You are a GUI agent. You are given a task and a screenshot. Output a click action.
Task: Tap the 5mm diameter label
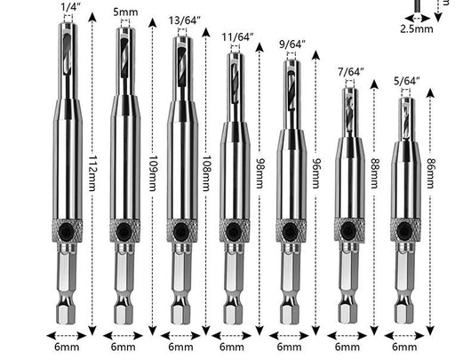[x=125, y=12]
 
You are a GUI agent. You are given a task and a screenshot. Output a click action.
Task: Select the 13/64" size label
[x=184, y=20]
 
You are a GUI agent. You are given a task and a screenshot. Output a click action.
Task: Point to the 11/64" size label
[x=237, y=37]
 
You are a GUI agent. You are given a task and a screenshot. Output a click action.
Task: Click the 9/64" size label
[x=292, y=44]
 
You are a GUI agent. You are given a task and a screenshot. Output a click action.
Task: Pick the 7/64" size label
[x=350, y=72]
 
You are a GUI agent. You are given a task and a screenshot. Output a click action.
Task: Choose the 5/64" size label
[x=407, y=81]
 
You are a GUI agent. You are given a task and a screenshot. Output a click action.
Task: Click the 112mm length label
[x=92, y=173]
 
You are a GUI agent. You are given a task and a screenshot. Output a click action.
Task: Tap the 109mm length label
[x=153, y=173]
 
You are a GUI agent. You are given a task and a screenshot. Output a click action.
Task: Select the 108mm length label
[x=206, y=173]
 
